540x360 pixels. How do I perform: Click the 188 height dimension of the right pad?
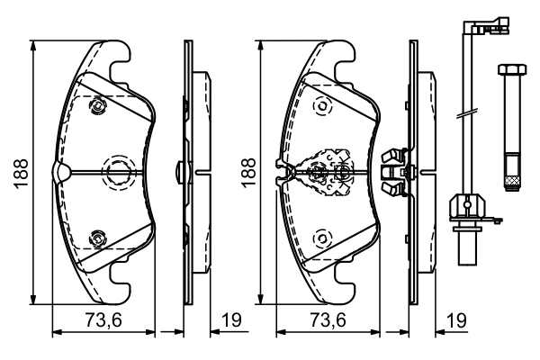click(247, 172)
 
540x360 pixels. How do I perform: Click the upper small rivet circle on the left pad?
click(96, 108)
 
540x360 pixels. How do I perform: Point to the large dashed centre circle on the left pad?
click(118, 172)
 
